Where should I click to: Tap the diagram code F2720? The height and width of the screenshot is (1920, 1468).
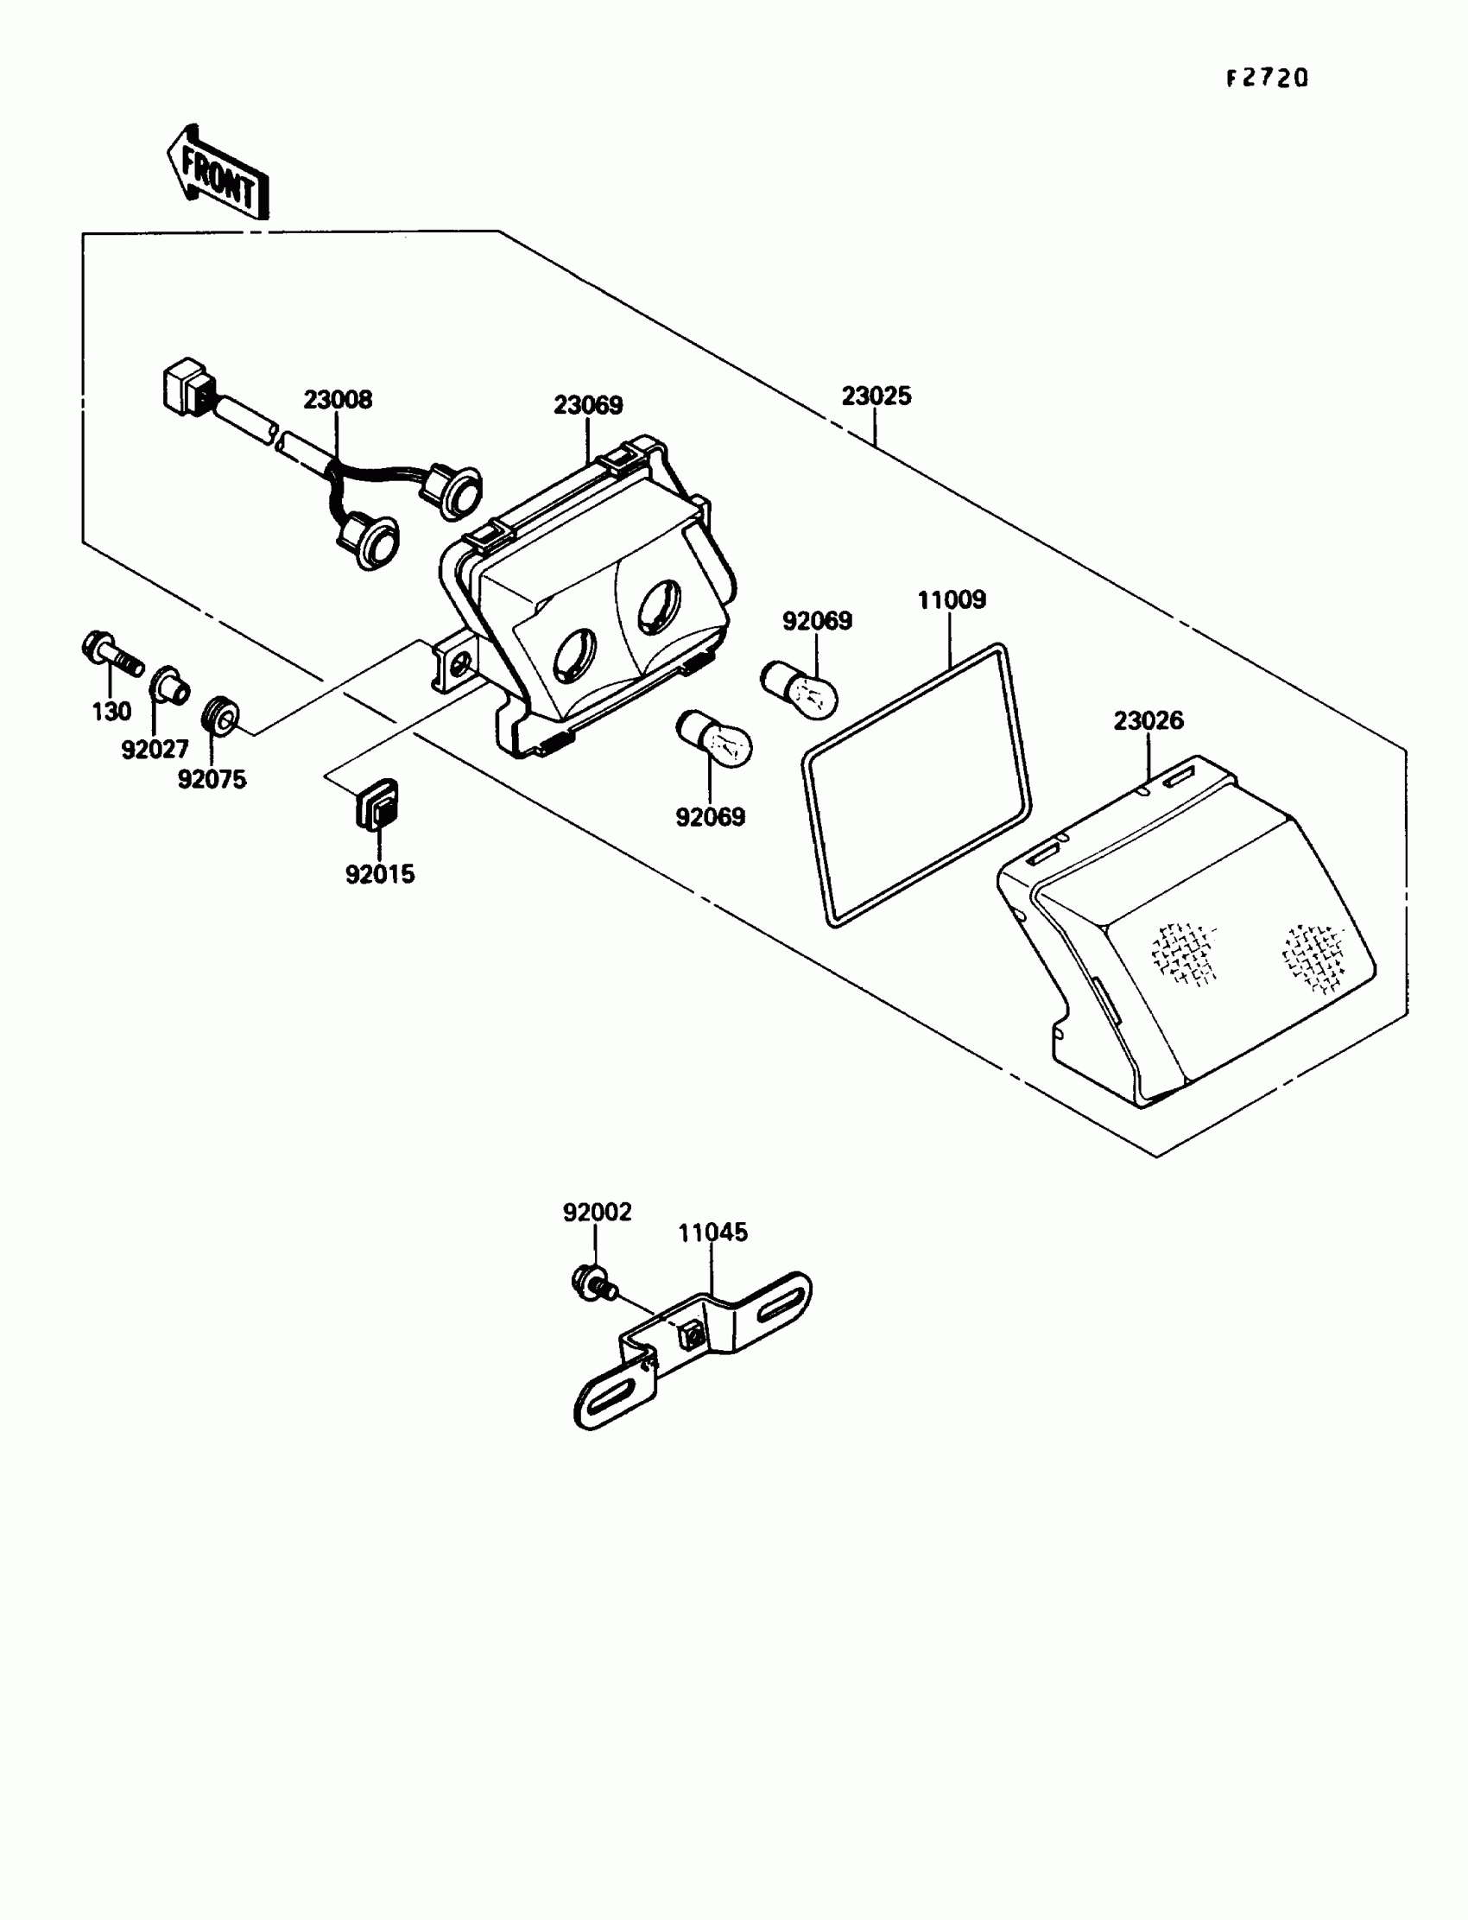[x=1266, y=79]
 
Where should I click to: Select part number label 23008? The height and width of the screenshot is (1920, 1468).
[x=338, y=400]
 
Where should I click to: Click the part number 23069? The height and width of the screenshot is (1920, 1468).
[x=587, y=405]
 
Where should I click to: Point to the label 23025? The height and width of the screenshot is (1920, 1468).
[x=876, y=396]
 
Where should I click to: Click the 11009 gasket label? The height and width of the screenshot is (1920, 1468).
[x=951, y=600]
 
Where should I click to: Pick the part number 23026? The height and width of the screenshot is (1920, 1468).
[x=1148, y=721]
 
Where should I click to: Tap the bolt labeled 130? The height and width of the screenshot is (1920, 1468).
[x=111, y=654]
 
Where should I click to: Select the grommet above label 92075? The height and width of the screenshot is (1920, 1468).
[x=221, y=716]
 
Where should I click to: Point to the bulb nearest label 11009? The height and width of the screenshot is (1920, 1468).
[x=800, y=688]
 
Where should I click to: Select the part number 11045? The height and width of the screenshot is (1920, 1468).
[x=713, y=1233]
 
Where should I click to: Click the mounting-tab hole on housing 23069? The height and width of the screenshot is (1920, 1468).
[x=458, y=666]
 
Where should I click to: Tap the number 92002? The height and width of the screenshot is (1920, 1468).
[x=597, y=1212]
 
